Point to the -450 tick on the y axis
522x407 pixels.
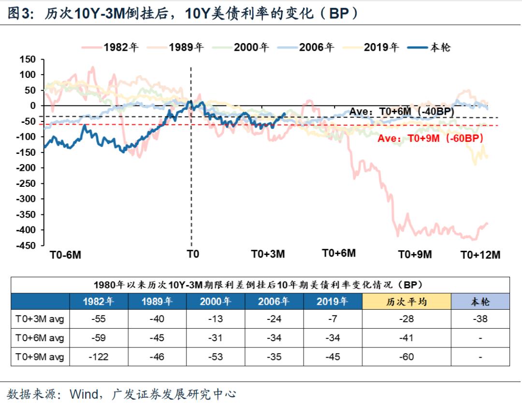click(x=27, y=245)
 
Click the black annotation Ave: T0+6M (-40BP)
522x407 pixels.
click(x=402, y=111)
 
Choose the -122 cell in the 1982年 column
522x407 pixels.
click(x=99, y=357)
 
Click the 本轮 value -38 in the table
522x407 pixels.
click(x=480, y=319)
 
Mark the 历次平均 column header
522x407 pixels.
click(x=406, y=301)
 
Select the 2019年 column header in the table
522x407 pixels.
click(x=332, y=301)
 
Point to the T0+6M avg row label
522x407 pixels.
click(x=40, y=338)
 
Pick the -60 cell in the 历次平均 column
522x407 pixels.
click(x=406, y=357)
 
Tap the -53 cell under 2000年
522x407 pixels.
click(x=216, y=357)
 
